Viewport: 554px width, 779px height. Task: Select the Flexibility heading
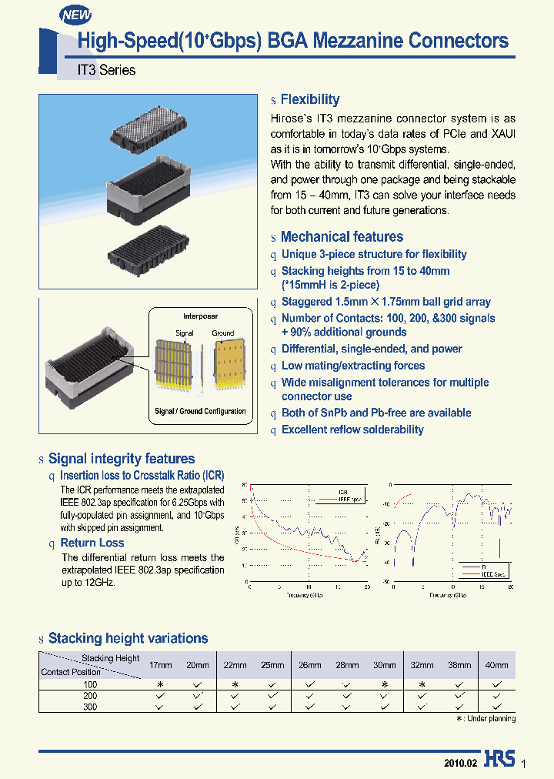[x=309, y=99]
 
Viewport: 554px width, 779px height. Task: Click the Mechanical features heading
[x=342, y=237]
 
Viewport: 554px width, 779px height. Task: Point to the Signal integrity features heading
[x=122, y=459]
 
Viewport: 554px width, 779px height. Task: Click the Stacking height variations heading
[x=128, y=638]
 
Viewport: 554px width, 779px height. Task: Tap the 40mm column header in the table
[x=496, y=665]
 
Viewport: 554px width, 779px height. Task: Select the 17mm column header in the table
[x=160, y=665]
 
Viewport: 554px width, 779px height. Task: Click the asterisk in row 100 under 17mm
[x=160, y=684]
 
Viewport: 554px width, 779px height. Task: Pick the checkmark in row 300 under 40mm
[x=496, y=706]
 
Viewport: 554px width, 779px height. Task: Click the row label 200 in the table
[x=90, y=695]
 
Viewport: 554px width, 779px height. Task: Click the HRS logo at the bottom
[x=499, y=760]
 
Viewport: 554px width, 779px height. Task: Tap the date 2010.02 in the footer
[x=461, y=763]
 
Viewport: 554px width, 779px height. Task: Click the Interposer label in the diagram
[x=200, y=316]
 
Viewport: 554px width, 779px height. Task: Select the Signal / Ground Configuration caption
[x=200, y=411]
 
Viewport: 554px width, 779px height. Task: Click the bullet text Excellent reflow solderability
[x=352, y=430]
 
